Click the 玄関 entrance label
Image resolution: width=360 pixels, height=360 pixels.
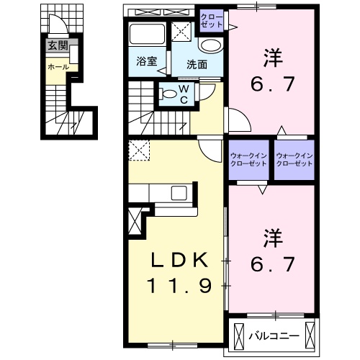58,45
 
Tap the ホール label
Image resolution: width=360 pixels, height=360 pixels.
58,66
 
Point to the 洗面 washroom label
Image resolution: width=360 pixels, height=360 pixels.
197,63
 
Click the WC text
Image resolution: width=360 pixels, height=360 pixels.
184,94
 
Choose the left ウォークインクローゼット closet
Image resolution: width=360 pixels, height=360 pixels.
248,160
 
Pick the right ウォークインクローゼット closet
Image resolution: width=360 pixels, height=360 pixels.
295,160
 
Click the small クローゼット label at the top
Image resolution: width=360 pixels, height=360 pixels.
212,19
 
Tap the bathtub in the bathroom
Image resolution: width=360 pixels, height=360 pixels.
147,34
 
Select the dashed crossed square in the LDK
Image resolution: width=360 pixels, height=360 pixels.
138,151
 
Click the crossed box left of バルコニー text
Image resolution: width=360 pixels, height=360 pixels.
239,335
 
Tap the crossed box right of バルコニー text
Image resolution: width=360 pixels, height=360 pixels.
310,335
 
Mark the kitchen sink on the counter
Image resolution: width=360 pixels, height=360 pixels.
177,193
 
